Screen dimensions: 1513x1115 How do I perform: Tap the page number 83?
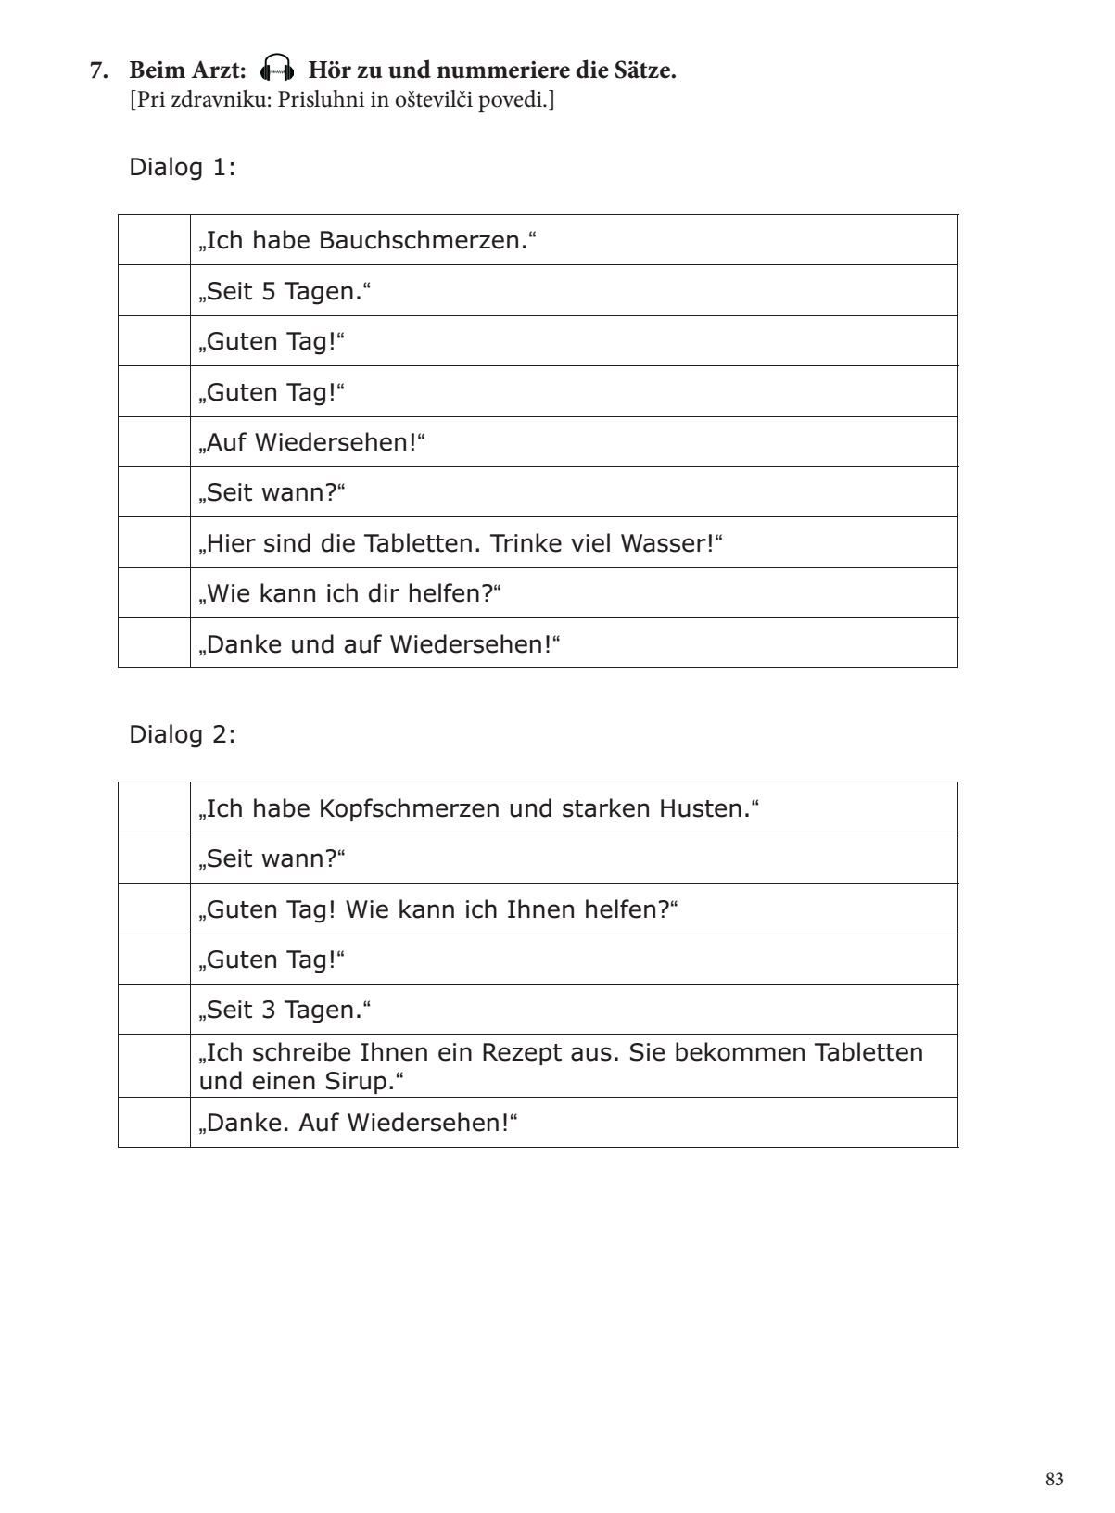tap(1054, 1480)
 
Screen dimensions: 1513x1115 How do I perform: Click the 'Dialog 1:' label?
tap(182, 168)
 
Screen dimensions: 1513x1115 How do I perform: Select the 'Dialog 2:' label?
tap(182, 735)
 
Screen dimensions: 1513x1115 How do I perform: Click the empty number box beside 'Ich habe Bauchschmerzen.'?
tap(154, 240)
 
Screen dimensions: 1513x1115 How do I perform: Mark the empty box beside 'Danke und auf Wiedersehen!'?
tap(154, 643)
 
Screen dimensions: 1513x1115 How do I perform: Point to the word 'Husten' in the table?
tap(702, 808)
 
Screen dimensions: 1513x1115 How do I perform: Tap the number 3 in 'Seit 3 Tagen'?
tap(269, 1010)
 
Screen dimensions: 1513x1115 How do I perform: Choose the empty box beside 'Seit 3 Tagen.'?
tap(154, 1010)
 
